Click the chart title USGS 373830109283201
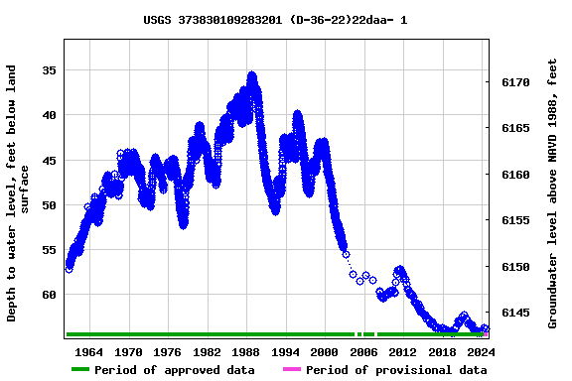(x=275, y=20)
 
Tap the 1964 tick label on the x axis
(x=89, y=351)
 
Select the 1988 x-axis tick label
(x=246, y=351)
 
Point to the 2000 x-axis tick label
(x=325, y=351)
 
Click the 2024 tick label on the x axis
(x=481, y=351)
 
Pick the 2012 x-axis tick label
(x=403, y=351)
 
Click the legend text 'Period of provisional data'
(x=396, y=370)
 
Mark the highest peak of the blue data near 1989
(x=252, y=74)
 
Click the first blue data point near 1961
(x=69, y=269)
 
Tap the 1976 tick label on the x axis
(x=168, y=351)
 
